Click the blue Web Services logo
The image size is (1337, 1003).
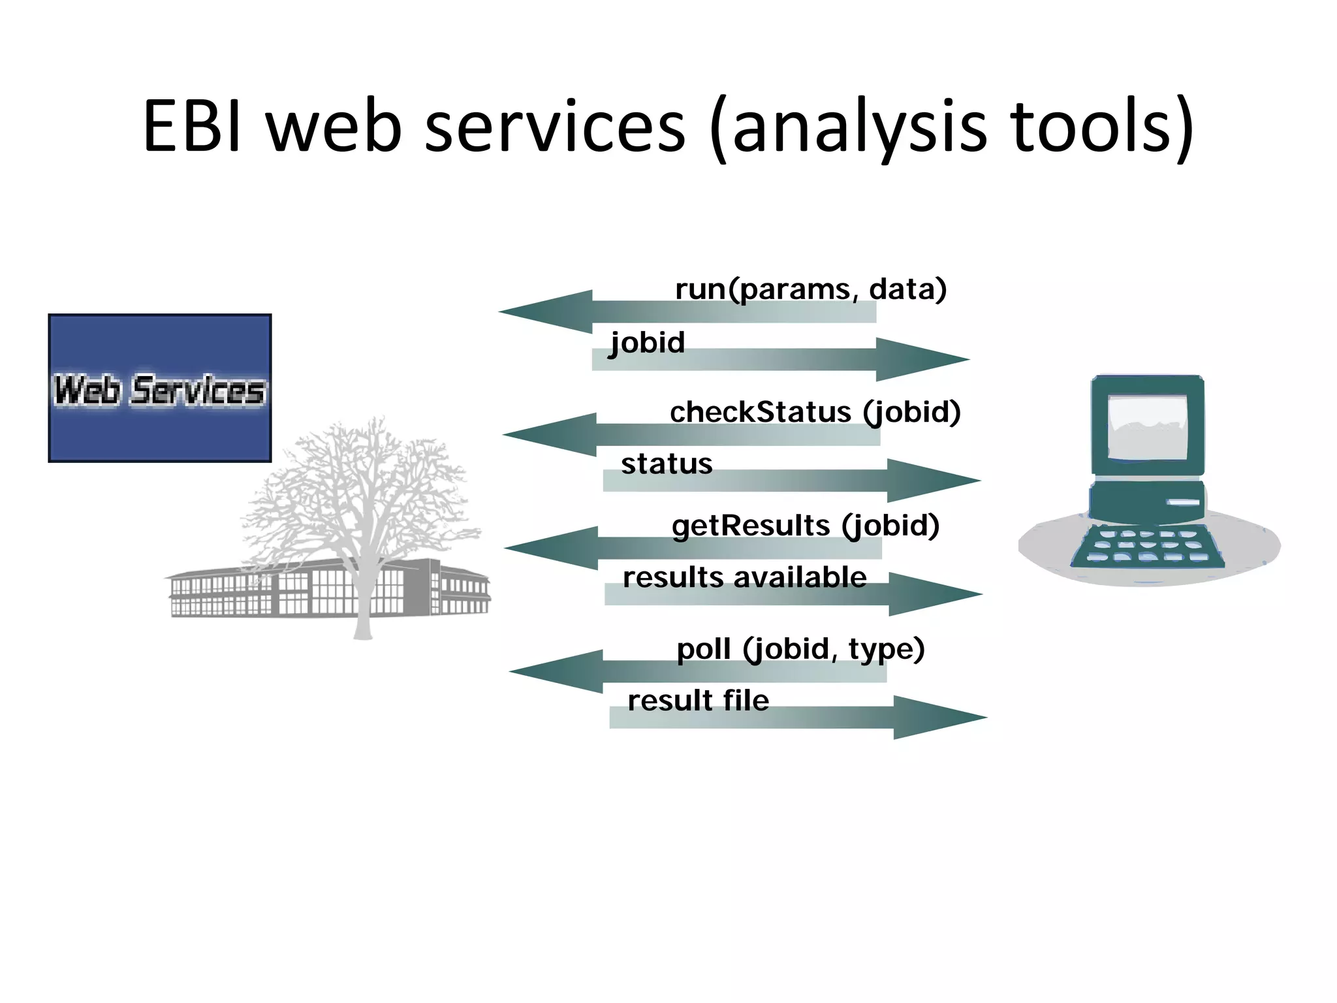pos(160,389)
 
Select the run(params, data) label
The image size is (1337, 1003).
pos(810,289)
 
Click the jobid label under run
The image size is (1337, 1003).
pos(647,343)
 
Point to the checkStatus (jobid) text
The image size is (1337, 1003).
pos(815,412)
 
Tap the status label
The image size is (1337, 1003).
pos(667,464)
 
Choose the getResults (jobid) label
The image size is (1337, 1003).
pos(805,526)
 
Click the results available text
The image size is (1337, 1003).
pos(744,577)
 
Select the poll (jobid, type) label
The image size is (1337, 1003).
pos(800,649)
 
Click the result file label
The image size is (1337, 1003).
pos(698,701)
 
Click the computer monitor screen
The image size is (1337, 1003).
pos(1147,428)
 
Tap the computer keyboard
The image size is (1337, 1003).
pos(1147,546)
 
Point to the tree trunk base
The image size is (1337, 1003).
pos(362,630)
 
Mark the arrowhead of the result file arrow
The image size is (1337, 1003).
pos(940,717)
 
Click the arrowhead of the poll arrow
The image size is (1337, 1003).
pos(556,671)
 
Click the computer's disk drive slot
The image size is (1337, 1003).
pos(1184,502)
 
